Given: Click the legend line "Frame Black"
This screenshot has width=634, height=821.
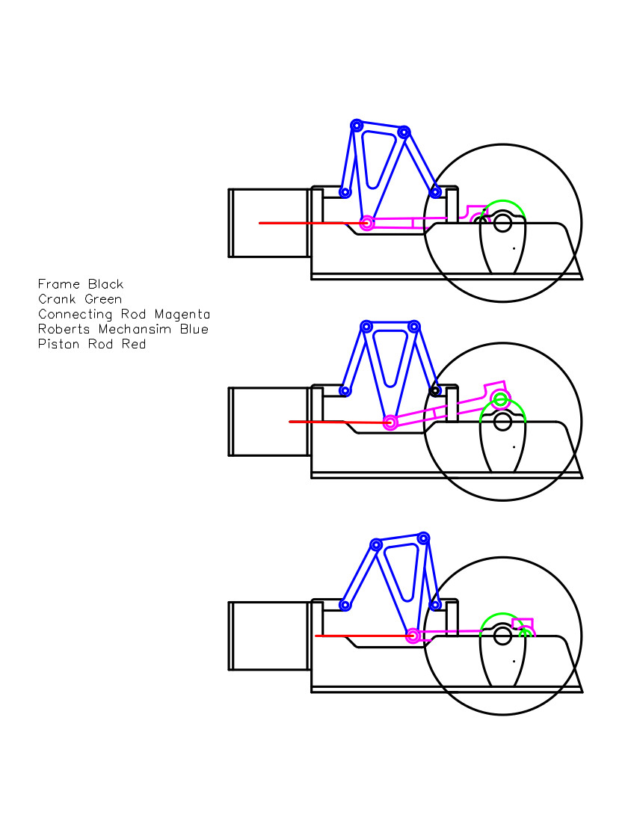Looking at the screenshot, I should point(81,284).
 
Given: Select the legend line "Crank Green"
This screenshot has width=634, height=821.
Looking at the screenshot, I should point(80,299).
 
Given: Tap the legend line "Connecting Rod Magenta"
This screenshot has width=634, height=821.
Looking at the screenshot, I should point(124,314).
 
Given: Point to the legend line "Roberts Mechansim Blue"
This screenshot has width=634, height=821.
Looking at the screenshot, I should point(123,329).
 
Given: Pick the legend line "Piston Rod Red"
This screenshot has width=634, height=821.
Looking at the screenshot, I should point(92,344).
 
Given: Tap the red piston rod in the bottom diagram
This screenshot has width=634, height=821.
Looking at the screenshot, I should point(359,636).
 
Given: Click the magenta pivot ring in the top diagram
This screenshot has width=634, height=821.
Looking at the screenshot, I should point(367,223).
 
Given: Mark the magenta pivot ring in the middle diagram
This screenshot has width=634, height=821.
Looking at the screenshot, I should point(390,422).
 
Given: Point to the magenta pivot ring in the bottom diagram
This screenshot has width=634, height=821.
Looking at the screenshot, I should point(413,636).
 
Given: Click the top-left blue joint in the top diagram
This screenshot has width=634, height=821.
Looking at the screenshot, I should point(357,125).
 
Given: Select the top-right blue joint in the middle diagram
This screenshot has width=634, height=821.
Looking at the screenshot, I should point(414,327).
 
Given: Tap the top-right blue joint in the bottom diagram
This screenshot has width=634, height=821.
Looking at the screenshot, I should point(424,538).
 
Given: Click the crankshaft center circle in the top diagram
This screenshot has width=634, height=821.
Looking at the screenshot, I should point(502,222).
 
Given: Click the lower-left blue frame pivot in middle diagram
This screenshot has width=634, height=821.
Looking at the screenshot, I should point(345,390).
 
